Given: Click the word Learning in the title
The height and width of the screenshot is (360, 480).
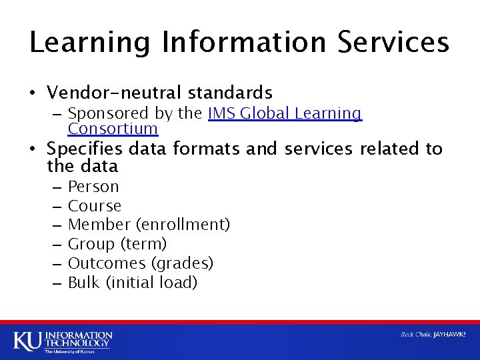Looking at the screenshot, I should pos(91,42).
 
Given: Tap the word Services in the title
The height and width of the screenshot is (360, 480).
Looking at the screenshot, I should pos(393,42).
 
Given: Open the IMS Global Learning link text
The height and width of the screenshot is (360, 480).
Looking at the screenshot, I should pos(285,113).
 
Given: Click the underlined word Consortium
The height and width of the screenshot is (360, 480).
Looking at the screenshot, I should pos(113,128).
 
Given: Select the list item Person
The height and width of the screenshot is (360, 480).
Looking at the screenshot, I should pos(93,187).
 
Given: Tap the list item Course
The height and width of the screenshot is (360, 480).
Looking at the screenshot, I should pos(95,206).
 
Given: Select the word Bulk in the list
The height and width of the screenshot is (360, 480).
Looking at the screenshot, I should pos(83,283).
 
